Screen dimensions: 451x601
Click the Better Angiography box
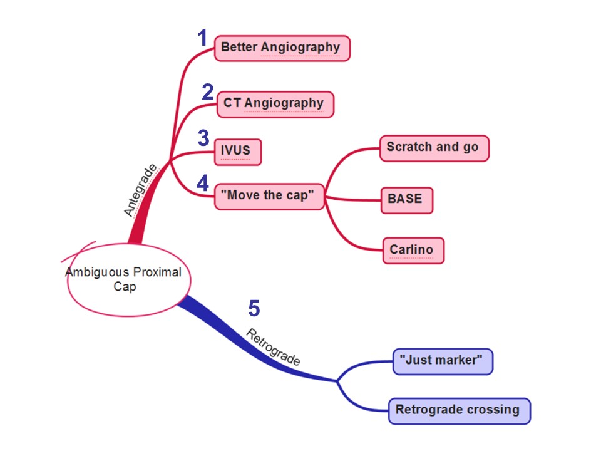pos(282,48)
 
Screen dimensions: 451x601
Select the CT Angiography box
pos(275,104)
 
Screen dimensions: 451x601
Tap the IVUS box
pos(237,152)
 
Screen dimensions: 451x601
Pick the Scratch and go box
pos(433,148)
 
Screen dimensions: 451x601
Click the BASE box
pos(406,200)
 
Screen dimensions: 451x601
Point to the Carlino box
pos(413,250)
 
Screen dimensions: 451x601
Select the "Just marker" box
pos(443,361)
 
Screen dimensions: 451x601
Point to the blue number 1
pos(202,39)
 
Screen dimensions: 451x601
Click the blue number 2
pos(208,93)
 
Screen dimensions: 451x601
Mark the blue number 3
pos(203,138)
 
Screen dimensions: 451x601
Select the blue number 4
pos(202,184)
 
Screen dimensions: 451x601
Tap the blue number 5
pos(254,308)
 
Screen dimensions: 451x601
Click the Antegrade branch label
pos(140,190)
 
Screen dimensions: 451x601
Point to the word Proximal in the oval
pos(158,272)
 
